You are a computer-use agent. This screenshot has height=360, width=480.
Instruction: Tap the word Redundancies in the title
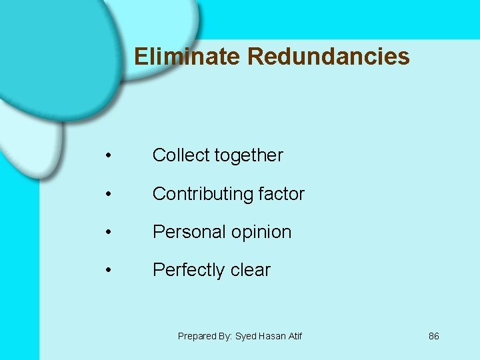pyautogui.click(x=328, y=57)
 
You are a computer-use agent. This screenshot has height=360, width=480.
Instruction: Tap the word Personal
pyautogui.click(x=181, y=232)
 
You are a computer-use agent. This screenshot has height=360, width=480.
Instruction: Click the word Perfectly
pyautogui.click(x=180, y=270)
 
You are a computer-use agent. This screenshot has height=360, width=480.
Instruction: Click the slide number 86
pyautogui.click(x=434, y=336)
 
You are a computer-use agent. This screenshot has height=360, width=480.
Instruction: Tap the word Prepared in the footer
pyautogui.click(x=196, y=336)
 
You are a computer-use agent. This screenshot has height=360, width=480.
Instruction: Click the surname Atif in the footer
pyautogui.click(x=294, y=336)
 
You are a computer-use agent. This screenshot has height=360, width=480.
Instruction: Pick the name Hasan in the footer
pyautogui.click(x=271, y=336)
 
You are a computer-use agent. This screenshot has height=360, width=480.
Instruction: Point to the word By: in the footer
pyautogui.click(x=224, y=336)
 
